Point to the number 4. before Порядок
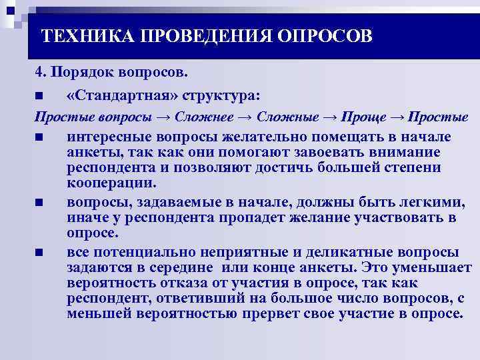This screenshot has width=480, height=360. [x=40, y=71]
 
